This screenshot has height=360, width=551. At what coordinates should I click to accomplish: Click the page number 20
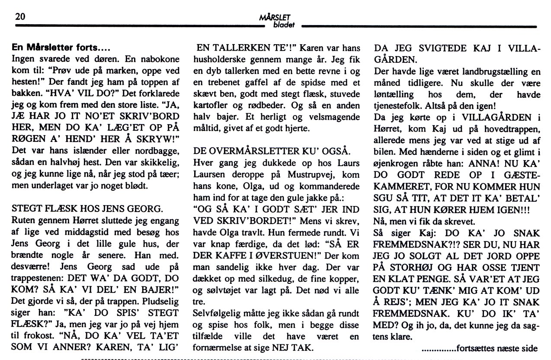(20, 17)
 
